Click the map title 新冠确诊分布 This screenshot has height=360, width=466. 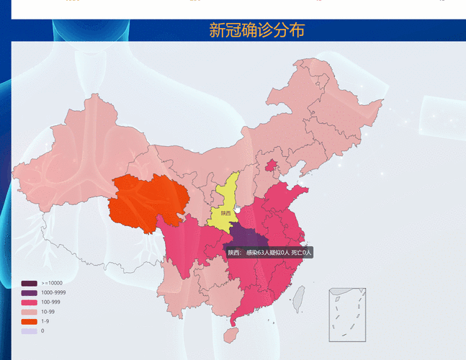[257, 30]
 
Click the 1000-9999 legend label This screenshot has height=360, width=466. [53, 293]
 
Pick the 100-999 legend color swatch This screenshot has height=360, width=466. [30, 302]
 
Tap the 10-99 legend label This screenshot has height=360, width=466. [50, 312]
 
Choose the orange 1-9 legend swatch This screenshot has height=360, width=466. [30, 321]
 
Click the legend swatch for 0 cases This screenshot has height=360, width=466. [30, 330]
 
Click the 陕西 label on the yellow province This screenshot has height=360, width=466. [226, 213]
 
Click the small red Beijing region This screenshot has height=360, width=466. [272, 166]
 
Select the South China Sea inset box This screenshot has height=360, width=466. [347, 315]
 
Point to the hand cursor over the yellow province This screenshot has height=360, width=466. [238, 207]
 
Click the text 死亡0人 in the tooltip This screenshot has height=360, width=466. [301, 253]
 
